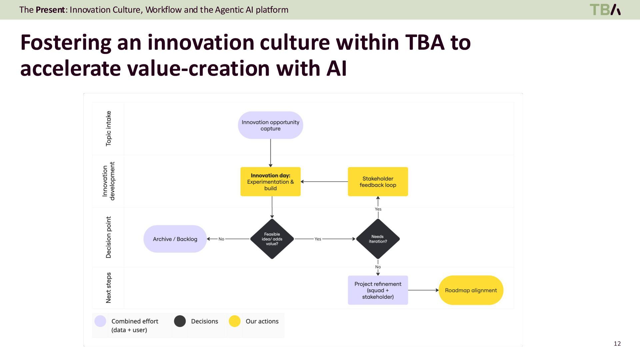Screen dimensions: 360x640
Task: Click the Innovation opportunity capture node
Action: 270,125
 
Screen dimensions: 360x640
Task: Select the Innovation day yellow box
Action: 270,182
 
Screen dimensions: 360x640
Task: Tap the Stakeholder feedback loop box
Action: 378,182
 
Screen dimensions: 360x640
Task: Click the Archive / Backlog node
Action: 175,239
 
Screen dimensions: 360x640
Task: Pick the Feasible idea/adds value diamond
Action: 272,239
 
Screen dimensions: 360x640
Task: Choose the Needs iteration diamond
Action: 378,239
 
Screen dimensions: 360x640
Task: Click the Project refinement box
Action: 378,290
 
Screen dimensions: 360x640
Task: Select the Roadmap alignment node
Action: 471,290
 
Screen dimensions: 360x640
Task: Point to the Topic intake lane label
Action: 108,129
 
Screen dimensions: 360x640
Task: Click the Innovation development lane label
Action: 108,181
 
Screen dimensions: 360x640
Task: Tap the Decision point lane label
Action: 108,237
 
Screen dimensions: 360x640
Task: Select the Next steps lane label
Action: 108,288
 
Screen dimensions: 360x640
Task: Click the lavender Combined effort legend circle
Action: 100,321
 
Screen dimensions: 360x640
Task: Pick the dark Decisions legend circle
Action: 180,321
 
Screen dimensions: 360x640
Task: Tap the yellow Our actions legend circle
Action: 235,321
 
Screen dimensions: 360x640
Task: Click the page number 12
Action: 617,344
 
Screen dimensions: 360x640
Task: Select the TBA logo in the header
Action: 605,10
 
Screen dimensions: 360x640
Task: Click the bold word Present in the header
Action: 50,10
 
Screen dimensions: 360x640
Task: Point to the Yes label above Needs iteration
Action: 378,209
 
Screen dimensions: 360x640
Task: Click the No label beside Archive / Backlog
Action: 221,239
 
